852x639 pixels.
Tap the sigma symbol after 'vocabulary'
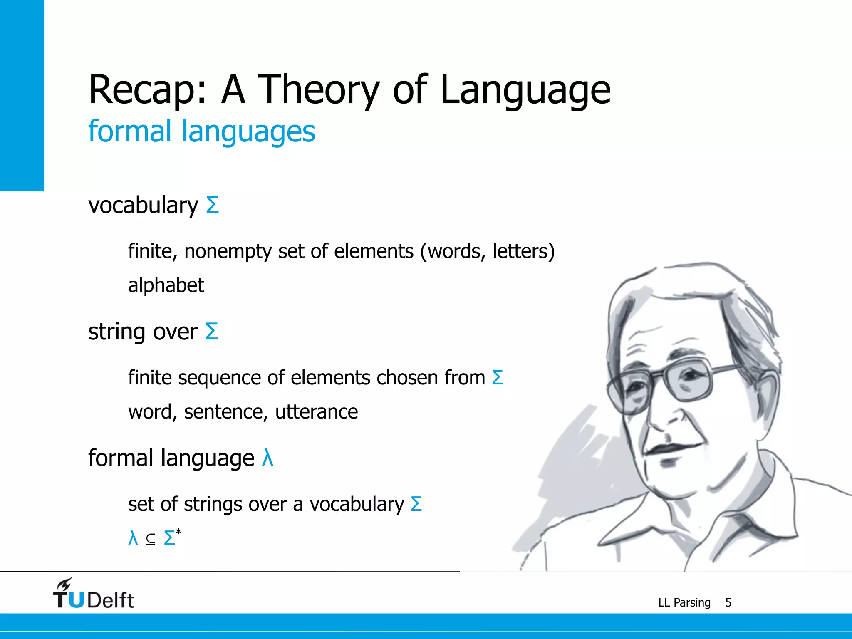[x=213, y=205]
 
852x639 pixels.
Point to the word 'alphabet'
[x=166, y=286]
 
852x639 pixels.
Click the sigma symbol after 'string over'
[x=212, y=332]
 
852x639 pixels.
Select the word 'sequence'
[x=219, y=378]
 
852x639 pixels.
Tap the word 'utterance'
[x=317, y=412]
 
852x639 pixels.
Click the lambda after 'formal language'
[x=267, y=458]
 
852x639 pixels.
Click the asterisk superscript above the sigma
[x=178, y=532]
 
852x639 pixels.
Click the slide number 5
[x=728, y=602]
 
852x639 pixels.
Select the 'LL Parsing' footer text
[x=684, y=602]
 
